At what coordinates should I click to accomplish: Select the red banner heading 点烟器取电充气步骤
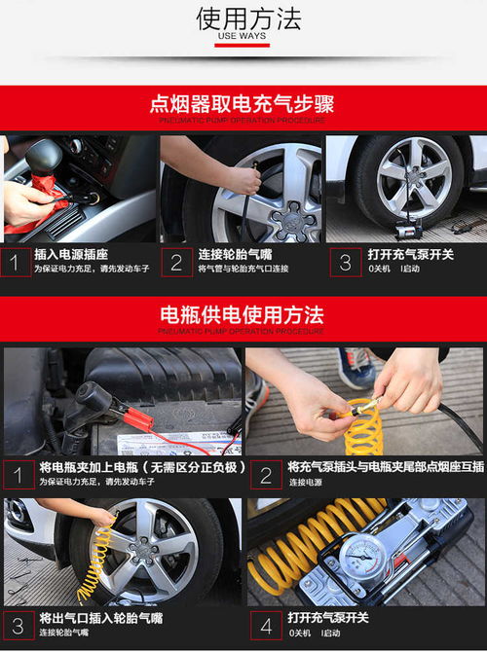point(243,103)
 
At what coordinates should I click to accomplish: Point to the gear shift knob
point(44,156)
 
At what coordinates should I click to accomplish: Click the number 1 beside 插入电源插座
point(16,262)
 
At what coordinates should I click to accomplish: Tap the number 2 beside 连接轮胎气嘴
point(176,262)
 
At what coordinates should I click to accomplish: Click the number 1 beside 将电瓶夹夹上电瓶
point(17,474)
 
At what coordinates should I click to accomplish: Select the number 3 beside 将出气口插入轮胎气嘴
point(17,625)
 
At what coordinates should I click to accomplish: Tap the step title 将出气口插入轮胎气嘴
point(100,618)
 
